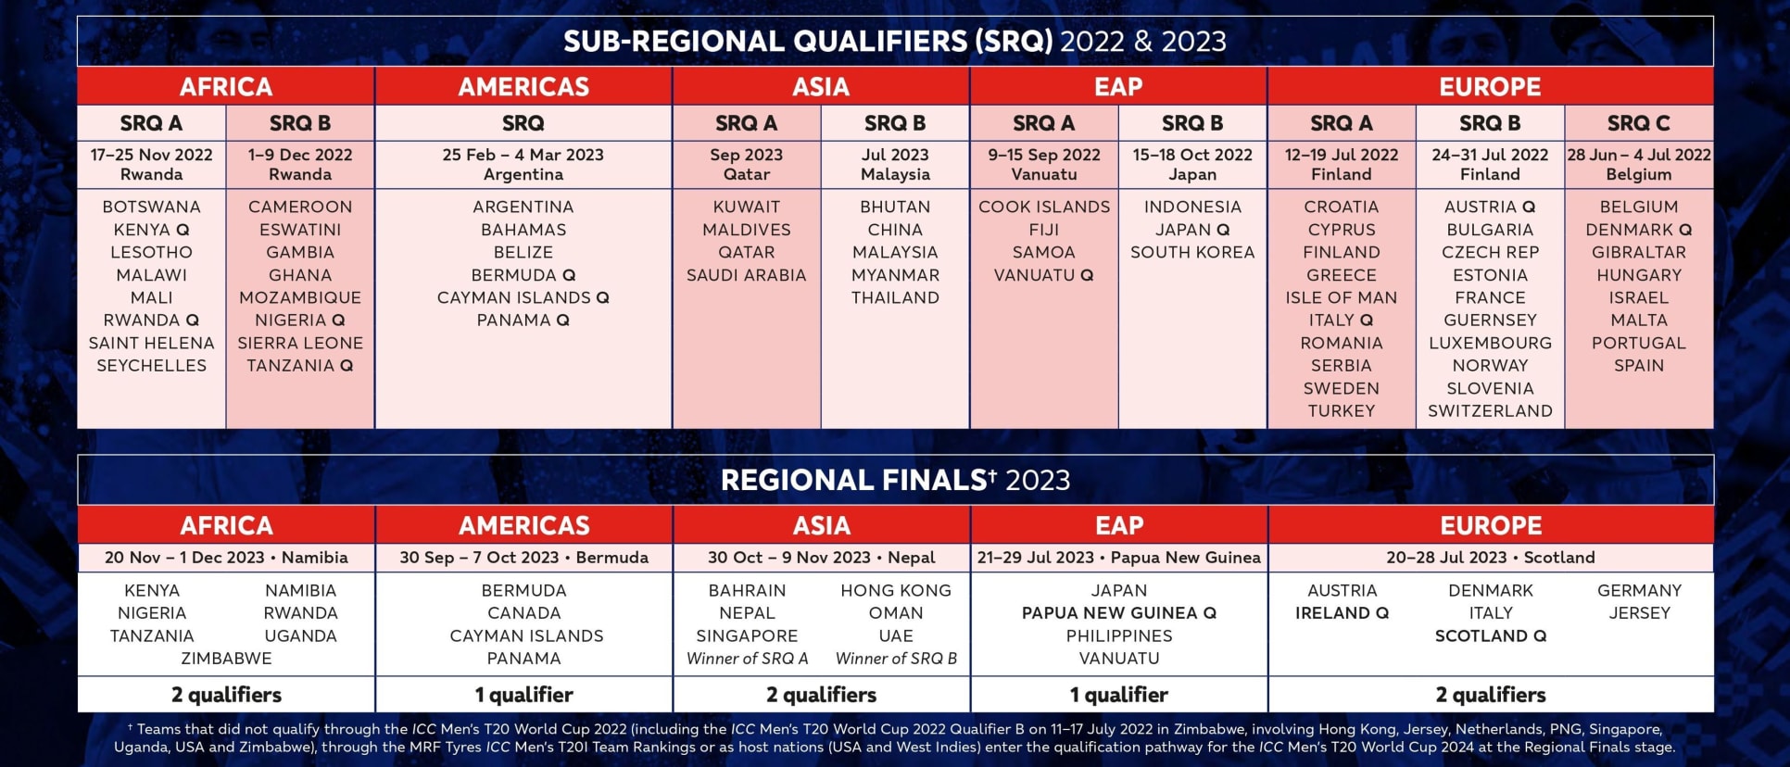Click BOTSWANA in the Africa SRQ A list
coord(151,207)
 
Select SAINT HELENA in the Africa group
coord(151,343)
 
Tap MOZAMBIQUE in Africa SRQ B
coord(300,297)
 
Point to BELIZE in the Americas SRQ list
coord(523,252)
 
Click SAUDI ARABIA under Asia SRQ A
coord(746,275)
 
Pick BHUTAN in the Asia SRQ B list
coord(895,207)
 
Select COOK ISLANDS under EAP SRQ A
coord(1044,207)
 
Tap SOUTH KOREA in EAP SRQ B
coord(1192,252)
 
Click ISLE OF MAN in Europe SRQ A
coord(1341,297)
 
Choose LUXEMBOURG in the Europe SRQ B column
coord(1490,343)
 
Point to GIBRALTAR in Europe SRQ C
coord(1639,252)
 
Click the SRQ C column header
coord(1639,123)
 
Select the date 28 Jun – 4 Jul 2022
coord(1639,155)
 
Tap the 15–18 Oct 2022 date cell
coord(1192,155)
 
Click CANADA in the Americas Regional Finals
coord(523,613)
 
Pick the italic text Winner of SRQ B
coord(896,659)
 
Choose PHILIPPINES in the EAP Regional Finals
coord(1119,636)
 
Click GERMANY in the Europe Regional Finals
coord(1639,590)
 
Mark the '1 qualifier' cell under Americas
coord(523,695)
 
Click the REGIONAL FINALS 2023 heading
coord(895,480)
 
